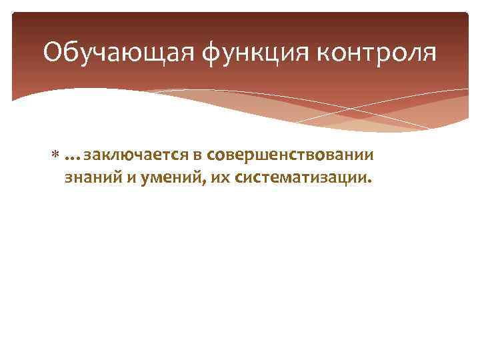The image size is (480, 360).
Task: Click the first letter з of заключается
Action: tap(87, 156)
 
